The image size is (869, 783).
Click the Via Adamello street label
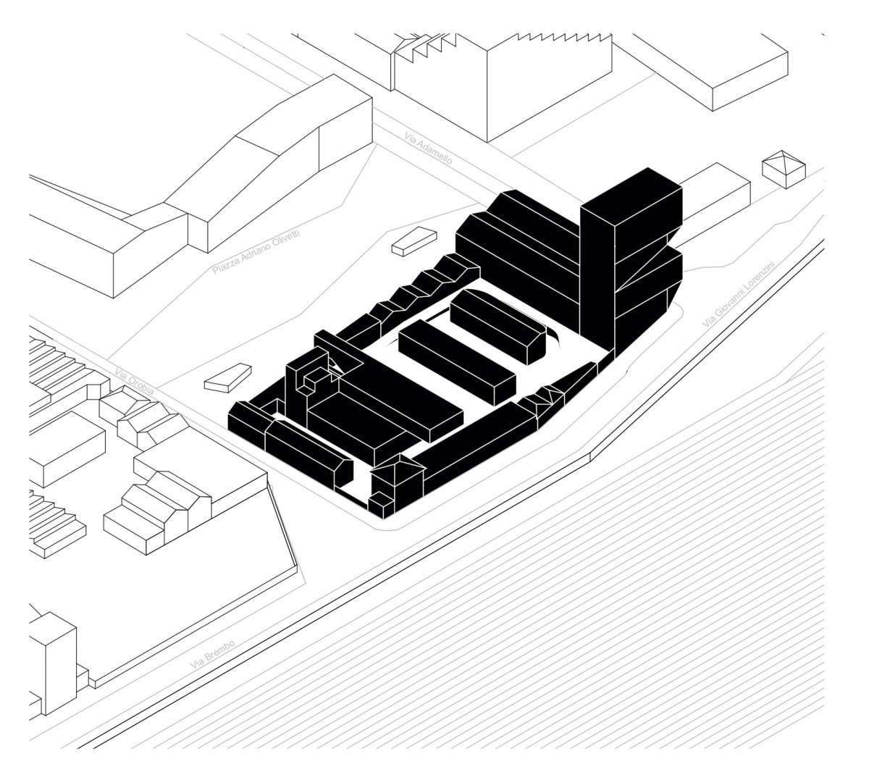point(427,146)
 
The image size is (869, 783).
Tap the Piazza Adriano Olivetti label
point(256,247)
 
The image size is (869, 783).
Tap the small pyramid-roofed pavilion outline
point(783,168)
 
